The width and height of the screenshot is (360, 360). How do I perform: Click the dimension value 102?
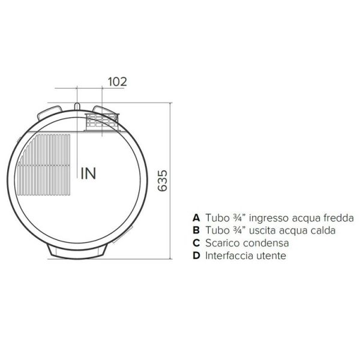tap(118, 82)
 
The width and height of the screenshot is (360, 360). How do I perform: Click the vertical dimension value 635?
tap(163, 181)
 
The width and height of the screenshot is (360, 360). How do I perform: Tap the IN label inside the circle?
tap(88, 173)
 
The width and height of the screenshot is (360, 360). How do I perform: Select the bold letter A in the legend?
tap(196, 218)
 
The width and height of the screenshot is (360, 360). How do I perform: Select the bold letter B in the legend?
tap(196, 230)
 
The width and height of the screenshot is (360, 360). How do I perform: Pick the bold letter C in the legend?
tap(196, 243)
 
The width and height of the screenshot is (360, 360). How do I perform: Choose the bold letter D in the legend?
tap(196, 256)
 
